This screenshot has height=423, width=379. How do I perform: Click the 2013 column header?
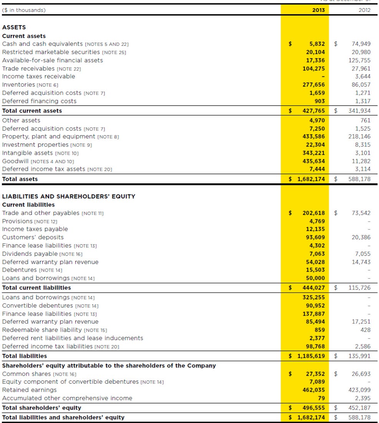(319, 10)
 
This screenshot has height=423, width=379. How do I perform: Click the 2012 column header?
(364, 10)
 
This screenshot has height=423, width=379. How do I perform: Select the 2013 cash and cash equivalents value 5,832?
(317, 44)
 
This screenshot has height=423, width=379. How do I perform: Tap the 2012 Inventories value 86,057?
(361, 85)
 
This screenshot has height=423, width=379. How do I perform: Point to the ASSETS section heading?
(14, 27)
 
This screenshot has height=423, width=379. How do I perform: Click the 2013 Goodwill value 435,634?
(314, 161)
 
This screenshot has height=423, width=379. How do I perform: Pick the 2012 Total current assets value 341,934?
(359, 111)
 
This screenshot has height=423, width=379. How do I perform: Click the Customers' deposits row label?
(33, 237)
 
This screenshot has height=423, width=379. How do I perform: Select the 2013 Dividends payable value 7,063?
(317, 254)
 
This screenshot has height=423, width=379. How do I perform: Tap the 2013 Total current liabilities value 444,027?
(314, 288)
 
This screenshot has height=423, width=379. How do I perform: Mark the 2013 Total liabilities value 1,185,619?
(311, 356)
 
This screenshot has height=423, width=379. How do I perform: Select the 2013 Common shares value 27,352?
(315, 374)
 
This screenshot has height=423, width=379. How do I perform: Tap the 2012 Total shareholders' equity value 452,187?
(359, 408)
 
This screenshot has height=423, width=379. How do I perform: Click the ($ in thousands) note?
(24, 10)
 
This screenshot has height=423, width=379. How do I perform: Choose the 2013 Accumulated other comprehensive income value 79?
(321, 398)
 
